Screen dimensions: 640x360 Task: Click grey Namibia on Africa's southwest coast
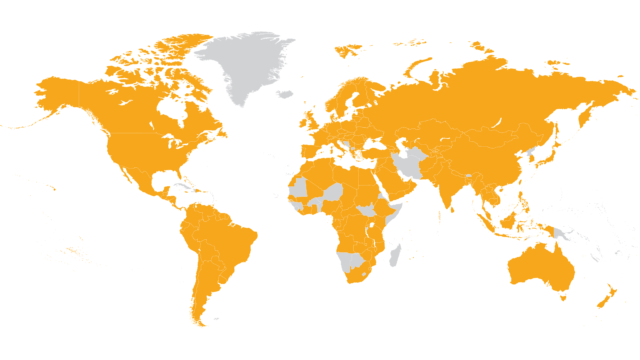pyautogui.click(x=344, y=262)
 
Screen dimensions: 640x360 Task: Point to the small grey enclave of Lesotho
pyautogui.click(x=364, y=274)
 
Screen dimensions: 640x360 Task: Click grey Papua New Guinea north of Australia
pyautogui.click(x=560, y=233)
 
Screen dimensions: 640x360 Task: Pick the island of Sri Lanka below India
pyautogui.click(x=452, y=210)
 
